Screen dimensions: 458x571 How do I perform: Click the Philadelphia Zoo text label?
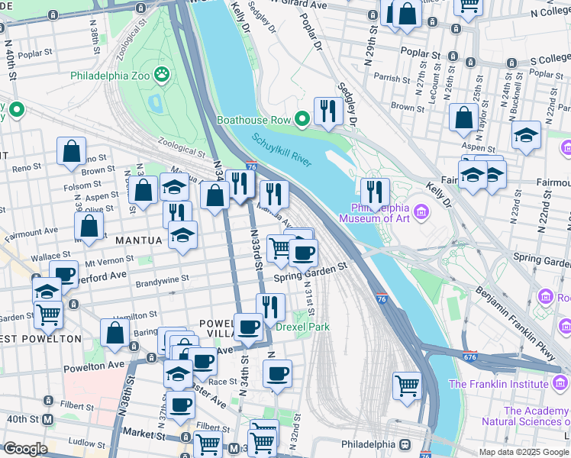pos(111,76)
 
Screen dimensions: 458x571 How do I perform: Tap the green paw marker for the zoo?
pos(162,75)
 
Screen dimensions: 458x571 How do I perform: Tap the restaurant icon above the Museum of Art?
pos(375,191)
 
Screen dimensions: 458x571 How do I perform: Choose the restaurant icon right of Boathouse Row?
pos(328,111)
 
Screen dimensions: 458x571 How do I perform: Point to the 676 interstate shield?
pos(469,356)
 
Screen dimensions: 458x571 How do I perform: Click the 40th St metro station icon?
pos(47,420)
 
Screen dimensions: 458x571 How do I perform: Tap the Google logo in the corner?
pos(25,449)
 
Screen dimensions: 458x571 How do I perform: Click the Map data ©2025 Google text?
pos(524,452)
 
